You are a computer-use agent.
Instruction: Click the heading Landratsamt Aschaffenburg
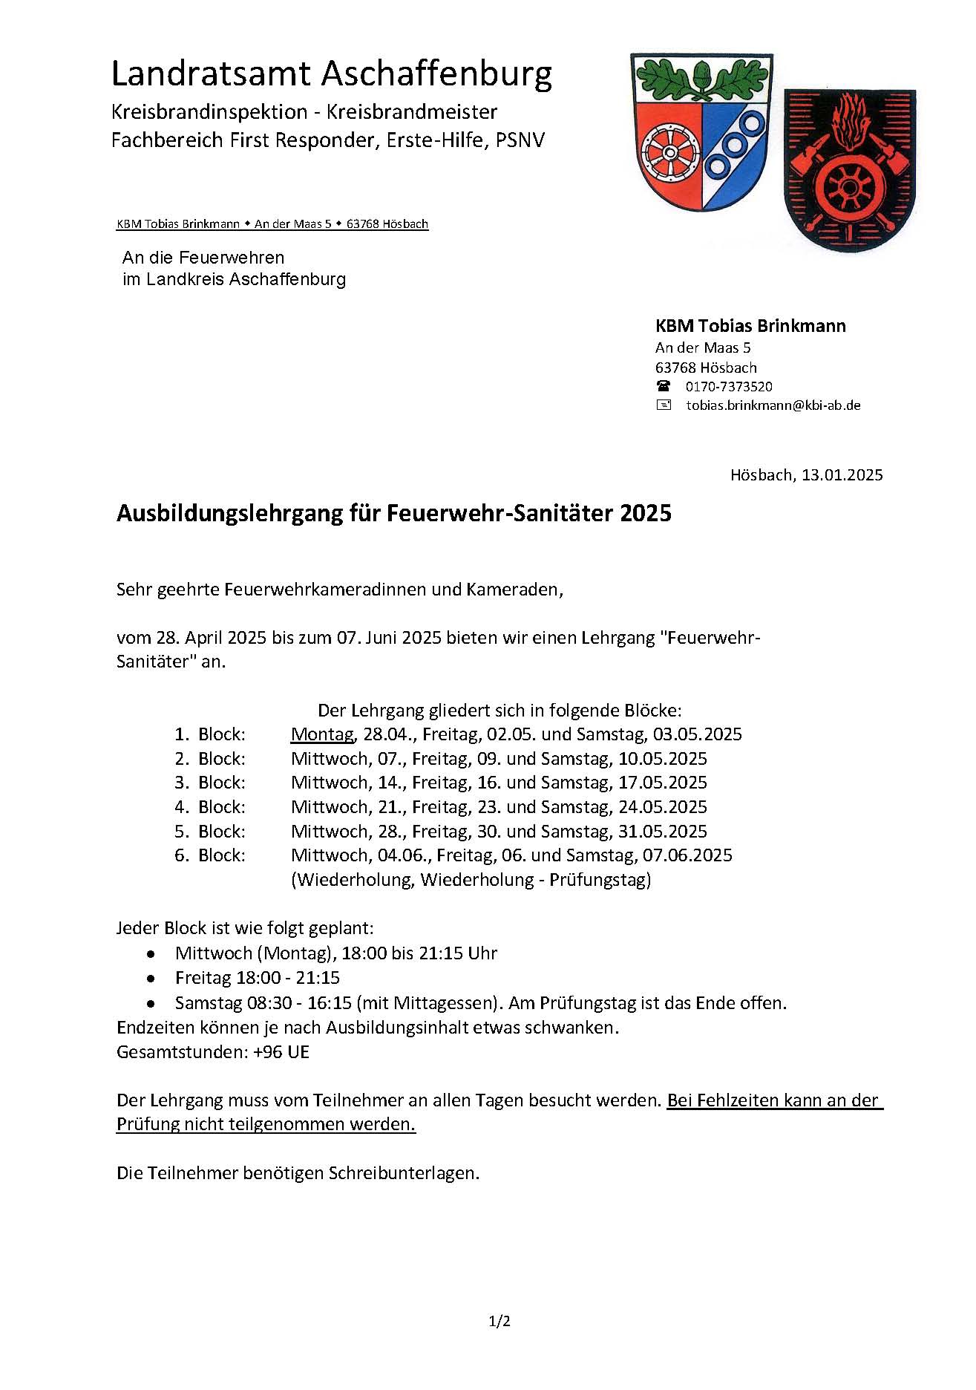pyautogui.click(x=331, y=74)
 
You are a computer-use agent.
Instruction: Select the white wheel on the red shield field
pyautogui.click(x=669, y=152)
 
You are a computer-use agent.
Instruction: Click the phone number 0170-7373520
pyautogui.click(x=728, y=387)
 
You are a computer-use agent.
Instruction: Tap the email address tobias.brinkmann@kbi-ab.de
pyautogui.click(x=773, y=405)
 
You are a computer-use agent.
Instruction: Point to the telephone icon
pyautogui.click(x=663, y=386)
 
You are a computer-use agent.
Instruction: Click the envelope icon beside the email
pyautogui.click(x=663, y=405)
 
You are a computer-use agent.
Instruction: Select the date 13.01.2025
pyautogui.click(x=842, y=475)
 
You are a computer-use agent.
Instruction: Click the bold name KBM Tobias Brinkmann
pyautogui.click(x=750, y=326)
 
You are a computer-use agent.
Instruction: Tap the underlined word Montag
pyautogui.click(x=322, y=734)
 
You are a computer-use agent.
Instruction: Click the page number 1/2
pyautogui.click(x=500, y=1322)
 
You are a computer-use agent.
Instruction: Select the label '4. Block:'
pyautogui.click(x=210, y=807)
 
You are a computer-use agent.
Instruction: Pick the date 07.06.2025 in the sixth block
pyautogui.click(x=687, y=855)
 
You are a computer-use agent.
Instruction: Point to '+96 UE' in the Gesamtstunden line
pyautogui.click(x=281, y=1052)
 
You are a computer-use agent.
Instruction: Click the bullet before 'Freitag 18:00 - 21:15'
pyautogui.click(x=151, y=979)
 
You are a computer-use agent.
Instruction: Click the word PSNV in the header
pyautogui.click(x=520, y=140)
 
